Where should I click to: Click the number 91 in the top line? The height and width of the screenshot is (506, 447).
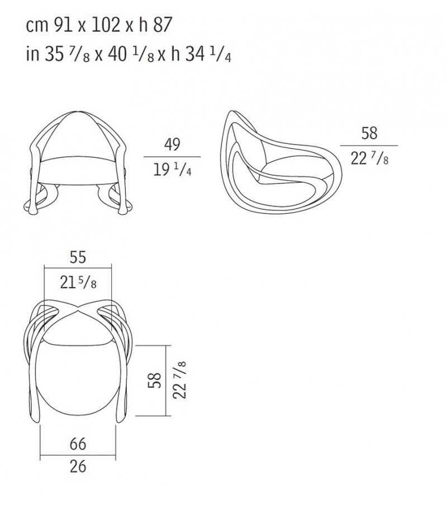63,25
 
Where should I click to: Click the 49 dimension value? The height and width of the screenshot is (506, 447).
172,144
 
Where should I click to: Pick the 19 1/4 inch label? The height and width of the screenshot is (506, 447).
172,170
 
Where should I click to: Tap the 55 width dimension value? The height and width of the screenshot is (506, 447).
78,257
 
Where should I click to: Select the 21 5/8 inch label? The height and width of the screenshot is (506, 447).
78,282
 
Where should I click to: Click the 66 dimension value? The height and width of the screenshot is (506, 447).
78,444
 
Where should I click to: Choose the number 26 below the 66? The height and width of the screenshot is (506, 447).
78,466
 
